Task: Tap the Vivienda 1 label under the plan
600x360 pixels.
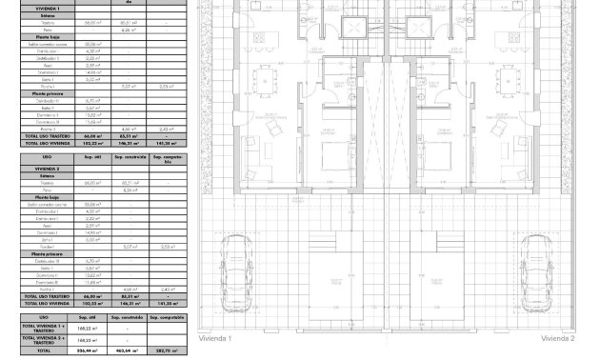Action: coord(215,338)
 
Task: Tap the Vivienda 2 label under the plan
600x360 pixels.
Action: coord(557,338)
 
